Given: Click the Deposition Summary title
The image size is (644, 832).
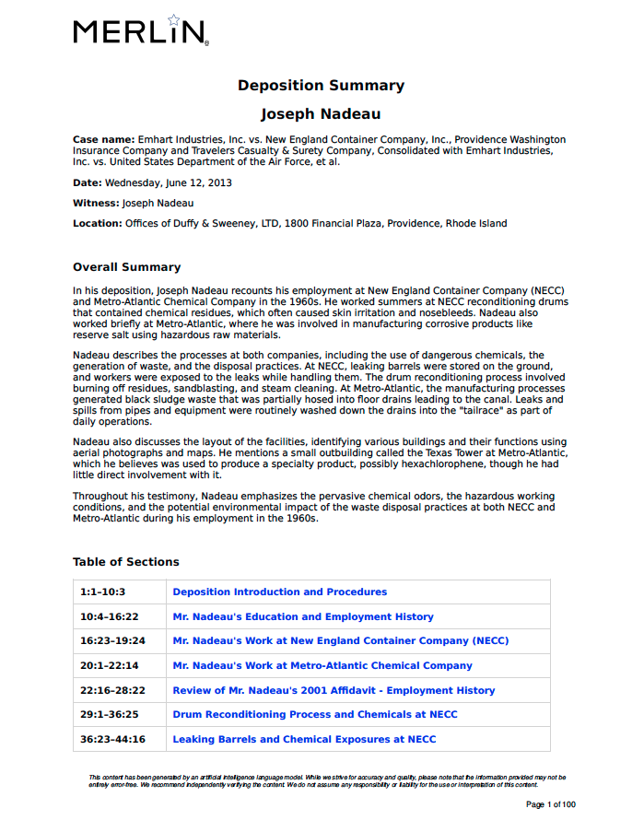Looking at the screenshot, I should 321,86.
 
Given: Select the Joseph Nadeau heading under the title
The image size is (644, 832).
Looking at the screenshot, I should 321,114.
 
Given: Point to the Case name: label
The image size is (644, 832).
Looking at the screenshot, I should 104,139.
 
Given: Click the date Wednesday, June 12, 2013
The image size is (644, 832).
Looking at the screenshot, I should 168,182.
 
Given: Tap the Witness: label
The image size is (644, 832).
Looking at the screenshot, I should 96,203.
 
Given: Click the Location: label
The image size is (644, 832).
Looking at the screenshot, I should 97,223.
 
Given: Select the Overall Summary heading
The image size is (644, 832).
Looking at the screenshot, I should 126,267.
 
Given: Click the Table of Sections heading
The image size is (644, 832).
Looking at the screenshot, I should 125,562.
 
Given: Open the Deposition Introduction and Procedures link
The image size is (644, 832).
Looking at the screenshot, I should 279,592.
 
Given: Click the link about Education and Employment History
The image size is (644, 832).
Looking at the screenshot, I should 302,616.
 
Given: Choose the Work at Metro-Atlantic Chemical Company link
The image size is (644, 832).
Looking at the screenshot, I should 322,665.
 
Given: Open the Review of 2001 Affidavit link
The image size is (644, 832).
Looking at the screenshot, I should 334,690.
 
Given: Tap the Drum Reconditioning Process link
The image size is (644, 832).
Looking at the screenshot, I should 314,714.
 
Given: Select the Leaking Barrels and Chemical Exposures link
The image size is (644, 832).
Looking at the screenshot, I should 304,739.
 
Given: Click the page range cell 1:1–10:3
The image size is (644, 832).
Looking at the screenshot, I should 102,592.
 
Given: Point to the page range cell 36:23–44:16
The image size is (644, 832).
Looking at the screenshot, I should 112,739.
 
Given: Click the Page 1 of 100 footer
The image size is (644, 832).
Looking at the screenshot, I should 550,804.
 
